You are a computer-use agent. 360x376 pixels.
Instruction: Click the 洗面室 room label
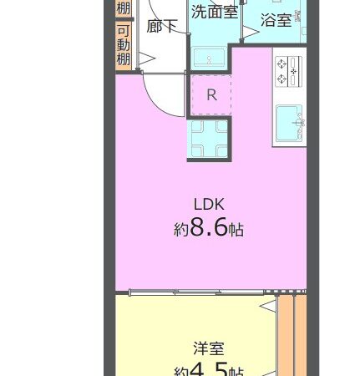click(214, 12)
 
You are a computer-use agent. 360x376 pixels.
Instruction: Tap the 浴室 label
click(276, 19)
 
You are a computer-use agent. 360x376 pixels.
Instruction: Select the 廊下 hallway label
click(161, 26)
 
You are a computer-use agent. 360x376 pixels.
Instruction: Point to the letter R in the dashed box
click(211, 94)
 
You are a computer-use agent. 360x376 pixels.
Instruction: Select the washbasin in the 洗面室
click(209, 57)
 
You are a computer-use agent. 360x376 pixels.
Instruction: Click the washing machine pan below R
click(208, 139)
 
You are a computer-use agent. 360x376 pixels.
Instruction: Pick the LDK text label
click(210, 204)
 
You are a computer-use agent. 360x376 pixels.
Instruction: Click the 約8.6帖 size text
click(210, 228)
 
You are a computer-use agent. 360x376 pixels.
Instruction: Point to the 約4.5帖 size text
click(210, 369)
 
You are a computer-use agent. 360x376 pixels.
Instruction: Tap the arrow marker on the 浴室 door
click(248, 33)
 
